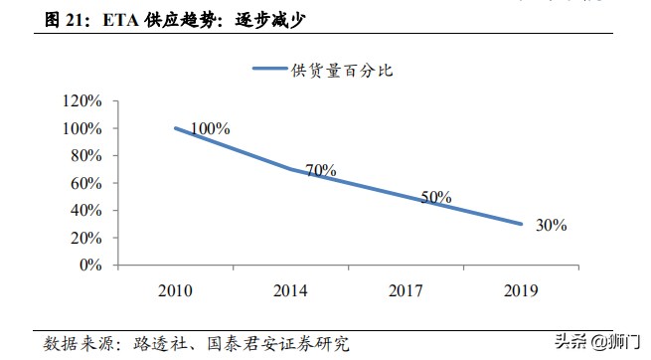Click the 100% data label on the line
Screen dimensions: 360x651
[x=211, y=129]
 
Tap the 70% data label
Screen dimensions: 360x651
[x=321, y=170]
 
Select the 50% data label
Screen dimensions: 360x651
[x=436, y=197]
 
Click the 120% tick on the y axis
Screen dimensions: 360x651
[x=82, y=101]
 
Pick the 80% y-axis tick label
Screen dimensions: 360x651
[x=86, y=156]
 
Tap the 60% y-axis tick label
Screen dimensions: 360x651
[x=86, y=183]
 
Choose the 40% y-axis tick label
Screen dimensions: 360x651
[x=86, y=211]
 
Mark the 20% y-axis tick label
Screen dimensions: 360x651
[x=86, y=238]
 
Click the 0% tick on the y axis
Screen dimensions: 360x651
[x=90, y=266]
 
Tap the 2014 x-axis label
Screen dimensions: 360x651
[x=289, y=290]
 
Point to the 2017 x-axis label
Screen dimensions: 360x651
[x=405, y=290]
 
